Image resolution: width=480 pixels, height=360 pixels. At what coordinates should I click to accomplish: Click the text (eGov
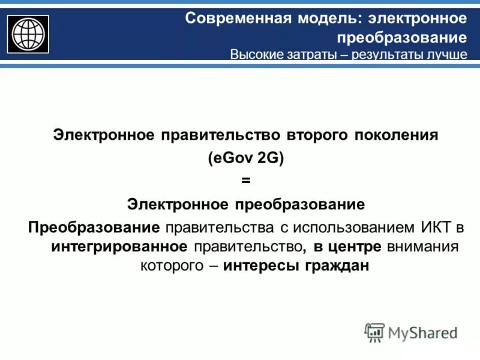[230, 158]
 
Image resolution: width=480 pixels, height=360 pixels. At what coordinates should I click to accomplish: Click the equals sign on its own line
[245, 181]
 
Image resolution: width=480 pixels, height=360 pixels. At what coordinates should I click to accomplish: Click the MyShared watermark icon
[374, 332]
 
